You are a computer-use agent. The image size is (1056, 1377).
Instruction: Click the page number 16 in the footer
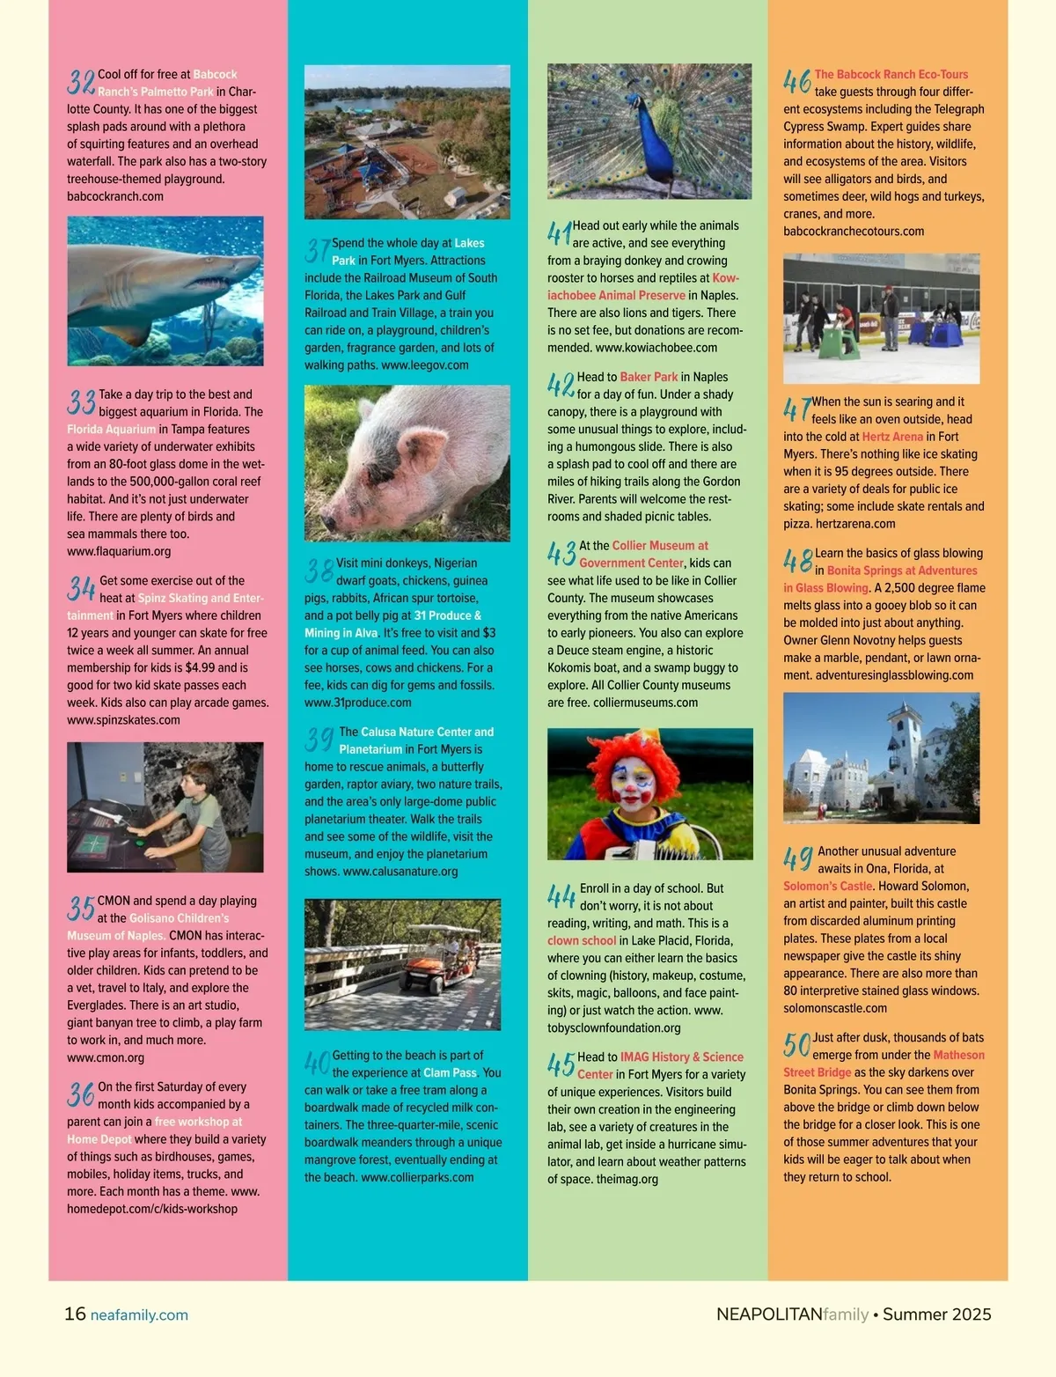pyautogui.click(x=75, y=1314)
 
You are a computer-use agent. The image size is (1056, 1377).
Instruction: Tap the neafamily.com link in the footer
pyautogui.click(x=139, y=1314)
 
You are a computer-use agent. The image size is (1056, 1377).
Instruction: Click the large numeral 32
pyautogui.click(x=81, y=82)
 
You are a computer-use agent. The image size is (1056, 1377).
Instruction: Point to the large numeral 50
pyautogui.click(x=796, y=1045)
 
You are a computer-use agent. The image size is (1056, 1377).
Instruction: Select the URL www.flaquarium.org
pyautogui.click(x=119, y=551)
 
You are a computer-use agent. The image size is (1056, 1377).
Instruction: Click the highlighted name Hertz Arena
pyautogui.click(x=892, y=437)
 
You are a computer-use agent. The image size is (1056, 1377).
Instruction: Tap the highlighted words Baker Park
pyautogui.click(x=649, y=377)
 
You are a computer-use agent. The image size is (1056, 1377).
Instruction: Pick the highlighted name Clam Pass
pyautogui.click(x=450, y=1072)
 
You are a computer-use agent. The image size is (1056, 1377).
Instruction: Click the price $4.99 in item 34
pyautogui.click(x=200, y=667)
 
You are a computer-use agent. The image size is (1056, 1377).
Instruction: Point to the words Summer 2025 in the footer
pyautogui.click(x=936, y=1314)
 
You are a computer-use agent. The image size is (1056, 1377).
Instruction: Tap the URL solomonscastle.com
pyautogui.click(x=835, y=1008)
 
